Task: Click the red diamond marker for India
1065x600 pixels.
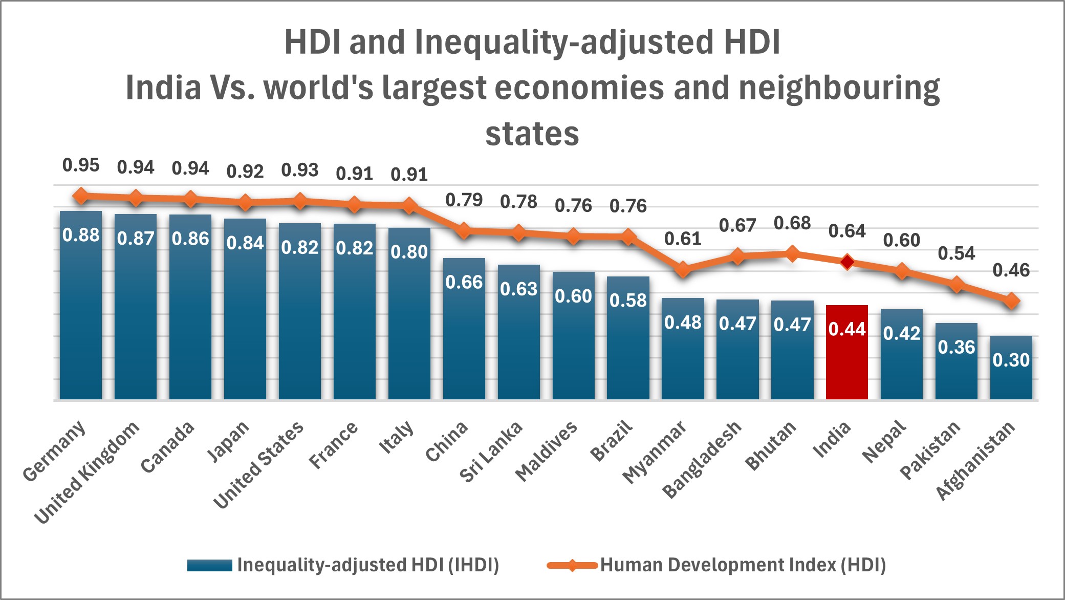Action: tap(847, 262)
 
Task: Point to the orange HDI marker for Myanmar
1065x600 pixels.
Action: tap(683, 269)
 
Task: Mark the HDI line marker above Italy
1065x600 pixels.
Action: tap(409, 206)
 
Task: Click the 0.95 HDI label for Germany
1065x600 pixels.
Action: tap(81, 165)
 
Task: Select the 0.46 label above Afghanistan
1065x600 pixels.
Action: tap(1011, 270)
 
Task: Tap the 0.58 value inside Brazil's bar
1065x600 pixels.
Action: tap(628, 301)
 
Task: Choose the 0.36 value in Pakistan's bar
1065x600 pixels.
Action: tap(956, 348)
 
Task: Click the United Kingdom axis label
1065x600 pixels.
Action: tap(87, 473)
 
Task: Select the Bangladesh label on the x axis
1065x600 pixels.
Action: tap(702, 459)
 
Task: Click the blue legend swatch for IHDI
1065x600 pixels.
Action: tap(209, 565)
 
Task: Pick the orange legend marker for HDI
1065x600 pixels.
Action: tap(572, 565)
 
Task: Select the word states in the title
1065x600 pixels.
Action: tap(532, 134)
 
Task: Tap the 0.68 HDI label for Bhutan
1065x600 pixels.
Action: tap(792, 223)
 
